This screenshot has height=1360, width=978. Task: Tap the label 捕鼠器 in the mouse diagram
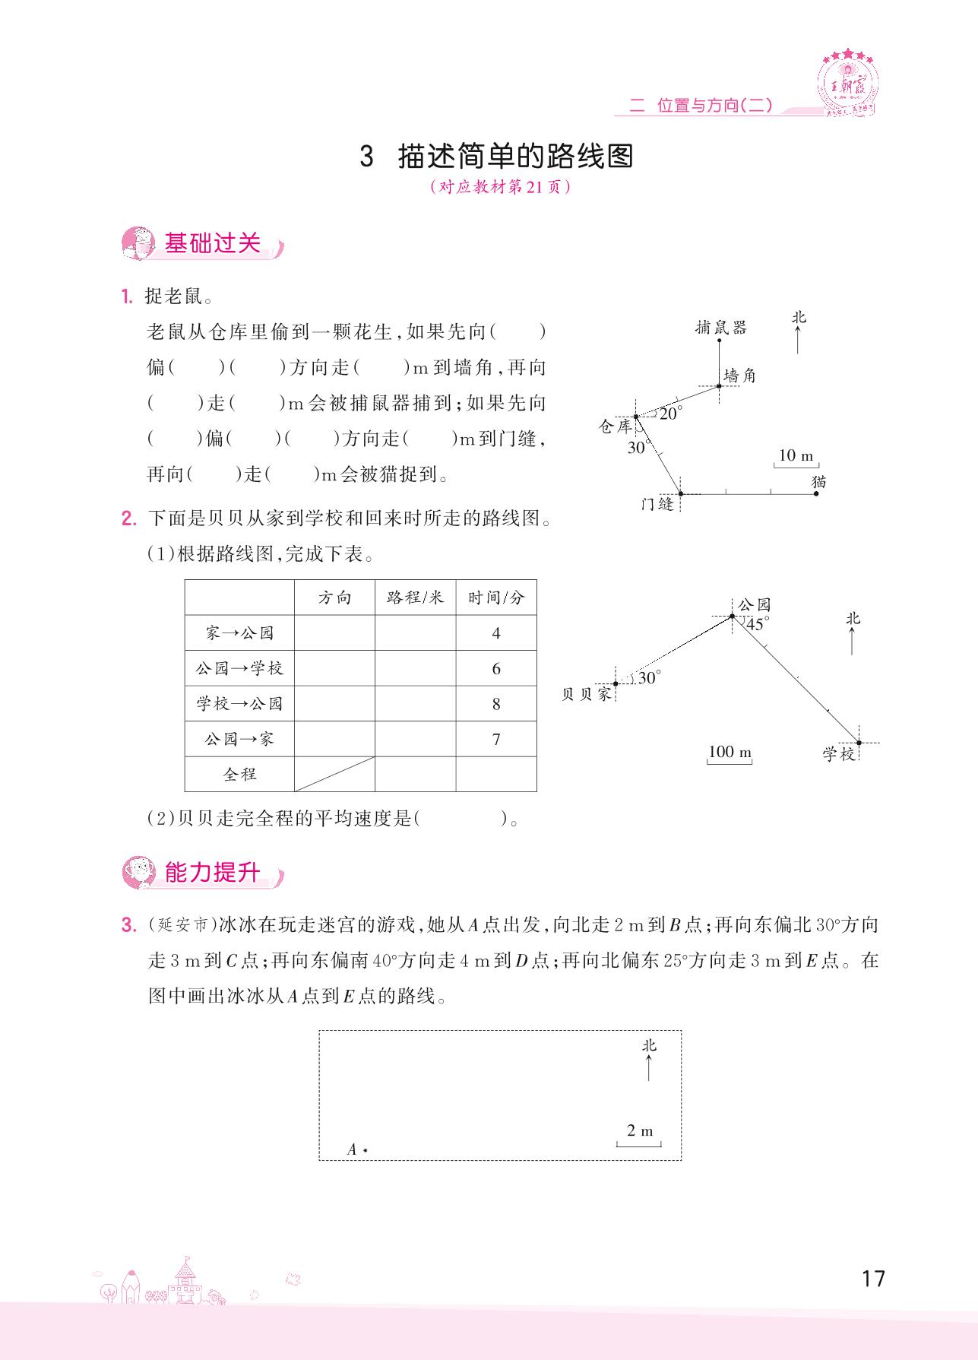click(720, 327)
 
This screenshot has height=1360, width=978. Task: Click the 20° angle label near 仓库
click(671, 414)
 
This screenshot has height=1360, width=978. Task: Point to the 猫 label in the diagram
click(818, 481)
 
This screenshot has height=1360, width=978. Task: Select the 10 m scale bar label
click(796, 455)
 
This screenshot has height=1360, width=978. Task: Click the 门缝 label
click(657, 503)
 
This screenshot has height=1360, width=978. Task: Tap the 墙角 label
click(739, 376)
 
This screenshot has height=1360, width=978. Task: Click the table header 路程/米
click(415, 598)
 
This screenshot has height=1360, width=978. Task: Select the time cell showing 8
click(496, 703)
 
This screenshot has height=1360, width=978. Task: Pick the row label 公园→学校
click(239, 668)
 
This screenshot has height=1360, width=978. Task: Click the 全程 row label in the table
click(239, 774)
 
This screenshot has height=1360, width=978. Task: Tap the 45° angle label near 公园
click(757, 624)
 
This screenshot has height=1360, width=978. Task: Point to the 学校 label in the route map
click(838, 753)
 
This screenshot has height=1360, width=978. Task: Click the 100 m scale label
click(730, 752)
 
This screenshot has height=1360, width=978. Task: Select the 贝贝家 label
click(586, 694)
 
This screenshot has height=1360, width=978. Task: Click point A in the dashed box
click(365, 1149)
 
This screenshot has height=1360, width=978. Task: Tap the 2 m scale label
click(640, 1130)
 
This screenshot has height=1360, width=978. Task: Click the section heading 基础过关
click(212, 243)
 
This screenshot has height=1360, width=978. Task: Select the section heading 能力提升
click(212, 873)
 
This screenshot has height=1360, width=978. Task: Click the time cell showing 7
click(496, 739)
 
